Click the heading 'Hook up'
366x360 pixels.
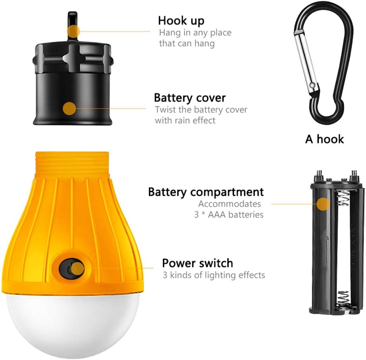tap(181, 21)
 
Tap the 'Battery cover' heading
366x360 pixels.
tap(190, 98)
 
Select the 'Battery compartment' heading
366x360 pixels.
tap(206, 192)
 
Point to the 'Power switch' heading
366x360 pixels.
tap(197, 263)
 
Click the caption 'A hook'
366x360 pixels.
tap(324, 139)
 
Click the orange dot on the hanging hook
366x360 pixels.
tap(73, 31)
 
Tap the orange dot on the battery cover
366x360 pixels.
tap(69, 109)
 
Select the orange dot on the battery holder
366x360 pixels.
tap(323, 204)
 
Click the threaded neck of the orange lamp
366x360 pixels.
tap(72, 163)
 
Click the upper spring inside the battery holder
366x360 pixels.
tap(343, 197)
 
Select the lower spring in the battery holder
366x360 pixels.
tap(343, 300)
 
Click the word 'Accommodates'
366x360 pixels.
tap(229, 204)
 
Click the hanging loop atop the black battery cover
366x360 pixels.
tap(73, 25)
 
